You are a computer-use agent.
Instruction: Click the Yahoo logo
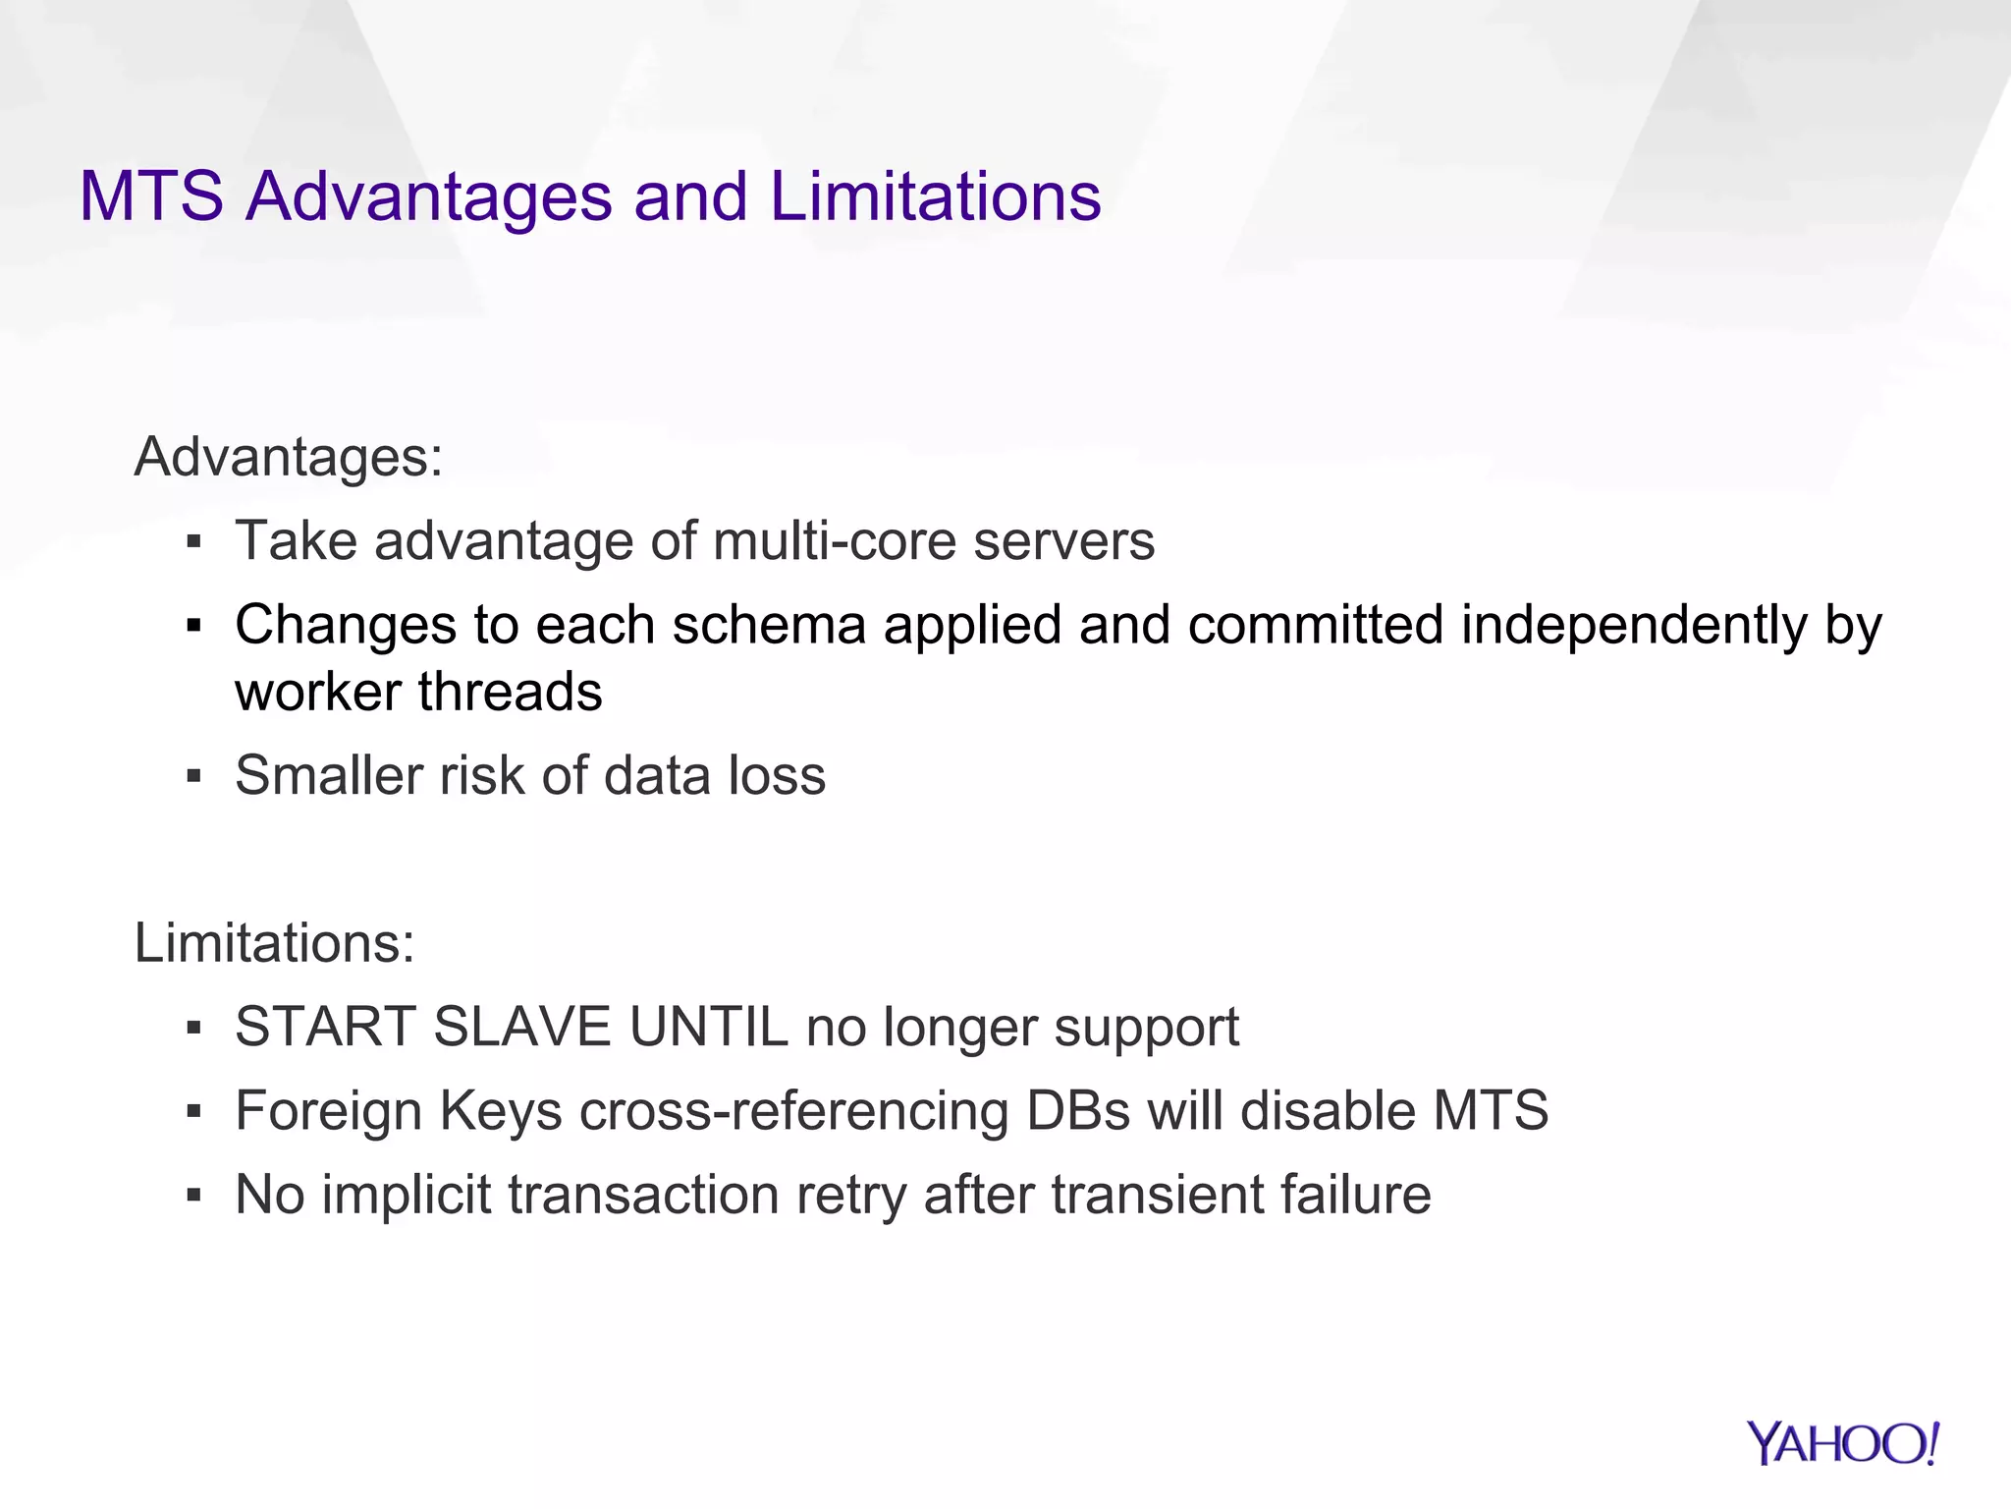pos(1842,1443)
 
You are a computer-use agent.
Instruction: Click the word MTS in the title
pos(151,196)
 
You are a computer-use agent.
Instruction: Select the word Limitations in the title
pos(935,196)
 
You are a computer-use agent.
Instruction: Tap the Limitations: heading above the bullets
pos(275,943)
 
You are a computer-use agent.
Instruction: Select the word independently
pos(1634,625)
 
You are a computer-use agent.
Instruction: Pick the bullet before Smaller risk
pos(193,776)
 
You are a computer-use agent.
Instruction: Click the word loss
pos(776,776)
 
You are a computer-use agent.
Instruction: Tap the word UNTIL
pos(708,1028)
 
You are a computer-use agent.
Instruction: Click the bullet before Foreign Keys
pos(193,1112)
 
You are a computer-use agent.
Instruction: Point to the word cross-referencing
pos(793,1112)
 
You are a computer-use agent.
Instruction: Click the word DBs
pos(1077,1112)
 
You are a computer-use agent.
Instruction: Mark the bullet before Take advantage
pos(193,541)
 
